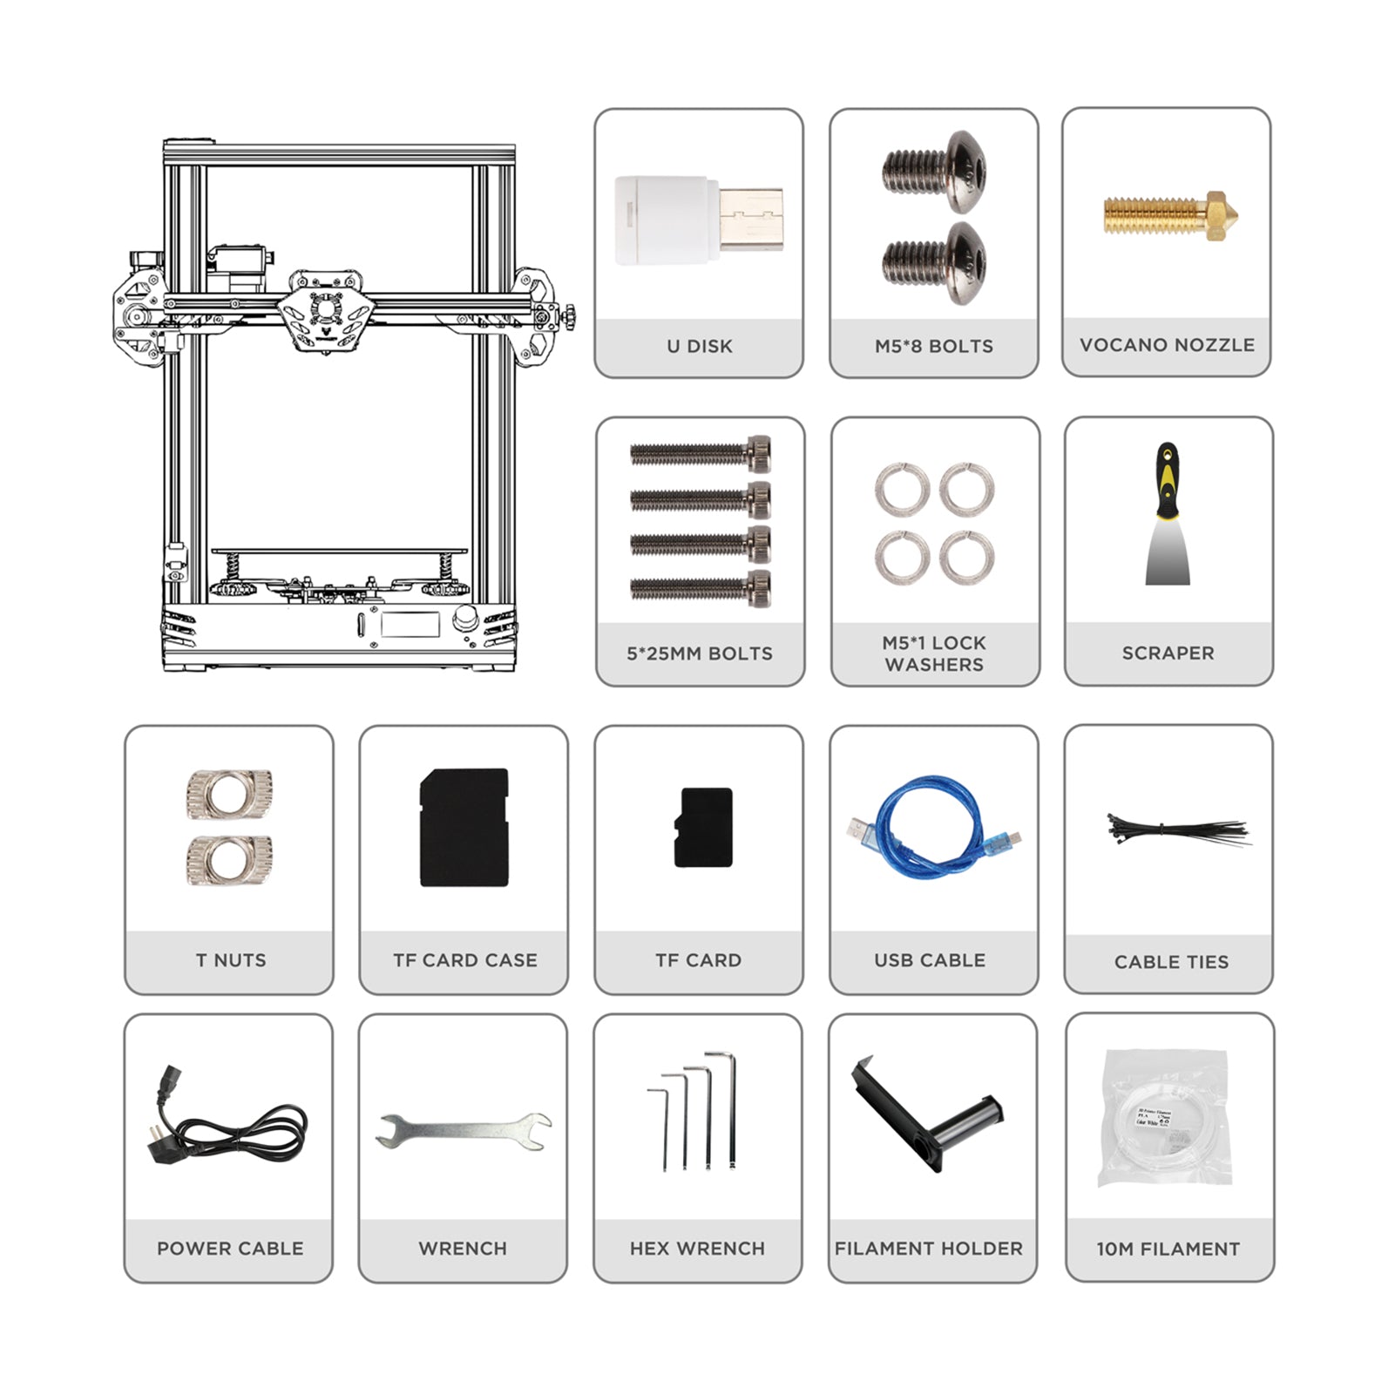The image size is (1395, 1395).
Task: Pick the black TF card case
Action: click(x=464, y=828)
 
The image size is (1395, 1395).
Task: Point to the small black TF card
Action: click(x=703, y=828)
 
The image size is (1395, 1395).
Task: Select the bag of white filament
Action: click(x=1165, y=1120)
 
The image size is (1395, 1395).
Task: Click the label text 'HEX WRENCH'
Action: click(x=697, y=1249)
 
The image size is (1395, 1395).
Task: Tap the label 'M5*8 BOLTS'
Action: click(x=934, y=346)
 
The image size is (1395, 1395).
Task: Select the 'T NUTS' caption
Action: click(x=231, y=960)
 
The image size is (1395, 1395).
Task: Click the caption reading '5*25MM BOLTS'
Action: click(x=700, y=653)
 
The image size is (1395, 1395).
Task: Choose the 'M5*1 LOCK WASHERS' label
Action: click(x=934, y=653)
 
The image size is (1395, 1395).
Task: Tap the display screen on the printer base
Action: click(x=410, y=624)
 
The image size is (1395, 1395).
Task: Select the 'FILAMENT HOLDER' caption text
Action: click(x=929, y=1249)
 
